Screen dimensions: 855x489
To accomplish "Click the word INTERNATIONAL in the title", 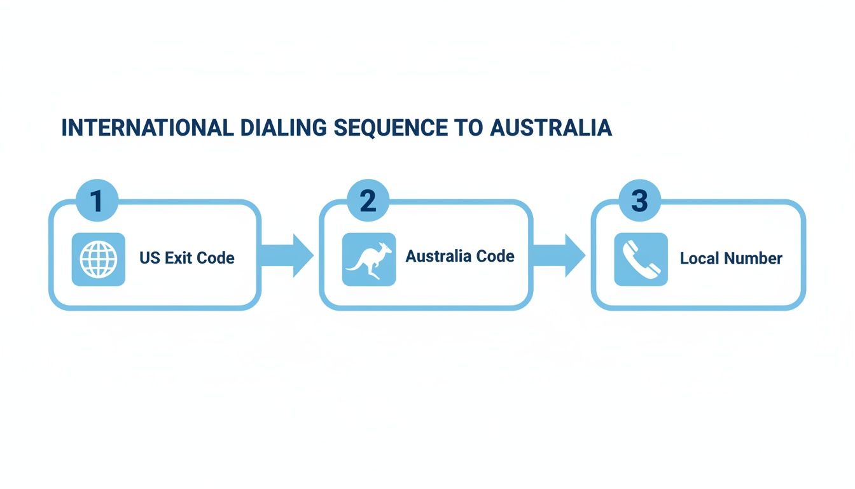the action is [x=148, y=127].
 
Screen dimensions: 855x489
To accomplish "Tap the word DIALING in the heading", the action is [x=284, y=127].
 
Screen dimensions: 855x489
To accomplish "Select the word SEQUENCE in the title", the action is [x=391, y=127].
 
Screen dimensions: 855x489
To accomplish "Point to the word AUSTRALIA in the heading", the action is [x=551, y=127].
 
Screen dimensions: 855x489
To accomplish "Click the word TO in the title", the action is [x=469, y=127].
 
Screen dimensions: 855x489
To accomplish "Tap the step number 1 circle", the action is [x=97, y=200].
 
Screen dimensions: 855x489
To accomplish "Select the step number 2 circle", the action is [x=368, y=200].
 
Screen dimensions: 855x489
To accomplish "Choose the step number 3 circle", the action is [x=640, y=200].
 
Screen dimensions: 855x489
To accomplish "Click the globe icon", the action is [x=99, y=259].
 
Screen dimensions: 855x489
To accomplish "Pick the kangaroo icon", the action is [x=369, y=259].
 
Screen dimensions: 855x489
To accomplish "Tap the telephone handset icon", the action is [x=641, y=259].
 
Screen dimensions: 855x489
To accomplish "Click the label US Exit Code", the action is [x=187, y=258].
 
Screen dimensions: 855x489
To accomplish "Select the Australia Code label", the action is [x=460, y=256].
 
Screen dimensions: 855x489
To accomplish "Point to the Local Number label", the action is [x=732, y=259].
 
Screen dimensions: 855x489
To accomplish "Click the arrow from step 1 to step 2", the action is [x=288, y=255].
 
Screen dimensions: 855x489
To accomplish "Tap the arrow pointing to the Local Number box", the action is [x=559, y=255].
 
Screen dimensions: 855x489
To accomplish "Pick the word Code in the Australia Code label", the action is [x=496, y=256].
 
